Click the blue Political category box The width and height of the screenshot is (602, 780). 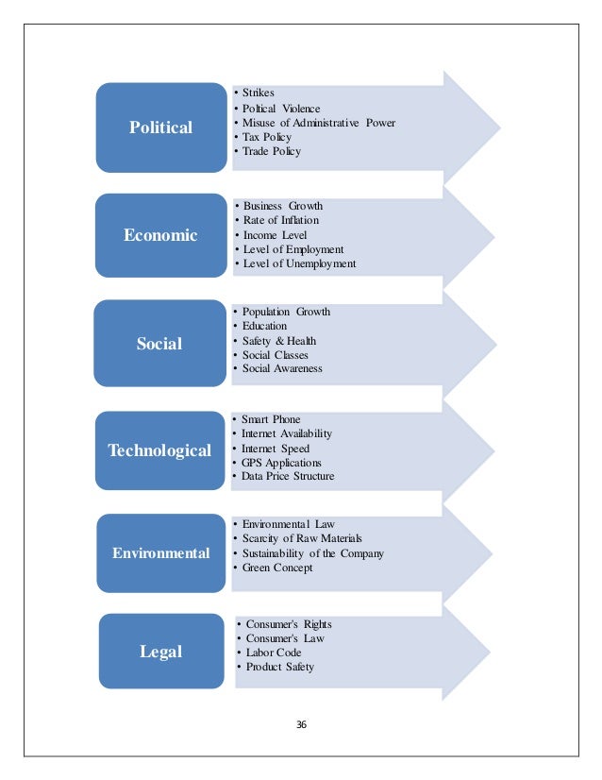pos(161,127)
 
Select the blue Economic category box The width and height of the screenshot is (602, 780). pos(161,235)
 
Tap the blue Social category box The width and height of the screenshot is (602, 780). pos(159,344)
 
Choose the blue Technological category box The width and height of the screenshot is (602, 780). pos(159,450)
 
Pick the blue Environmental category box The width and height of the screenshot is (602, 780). pos(159,553)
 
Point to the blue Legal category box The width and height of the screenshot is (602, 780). pos(160,652)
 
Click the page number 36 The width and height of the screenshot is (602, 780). pos(302,725)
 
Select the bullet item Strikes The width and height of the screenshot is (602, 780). pos(259,93)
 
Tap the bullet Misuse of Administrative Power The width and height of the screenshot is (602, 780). pos(318,123)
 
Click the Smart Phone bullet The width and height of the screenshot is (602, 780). pos(273,418)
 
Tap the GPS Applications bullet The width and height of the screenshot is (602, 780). pos(281,463)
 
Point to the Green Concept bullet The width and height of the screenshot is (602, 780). pos(277,568)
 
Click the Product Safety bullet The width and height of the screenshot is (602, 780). pos(279,667)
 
